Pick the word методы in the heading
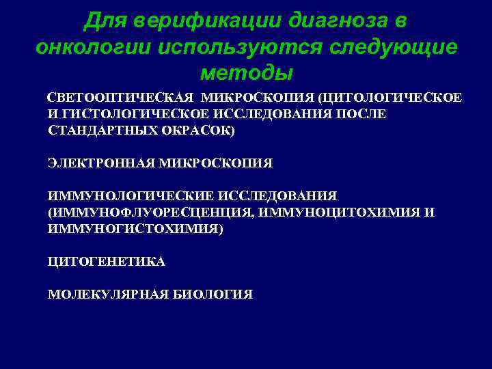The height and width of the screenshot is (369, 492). pyautogui.click(x=247, y=72)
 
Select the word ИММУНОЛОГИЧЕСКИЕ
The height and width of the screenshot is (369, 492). pyautogui.click(x=127, y=196)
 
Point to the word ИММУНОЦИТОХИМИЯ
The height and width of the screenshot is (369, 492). pyautogui.click(x=341, y=213)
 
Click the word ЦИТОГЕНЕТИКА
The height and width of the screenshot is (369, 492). pyautogui.click(x=106, y=262)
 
